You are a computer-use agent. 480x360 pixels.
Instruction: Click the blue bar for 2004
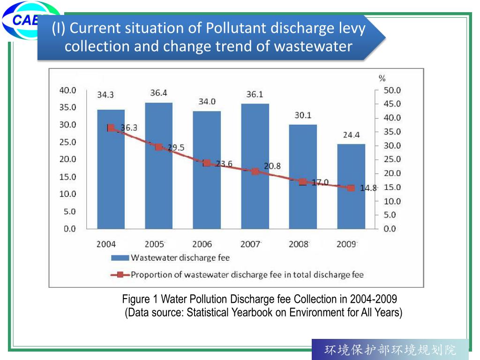coord(111,178)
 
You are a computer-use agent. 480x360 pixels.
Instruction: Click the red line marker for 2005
coord(159,147)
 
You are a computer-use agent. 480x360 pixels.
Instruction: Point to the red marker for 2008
coord(303,182)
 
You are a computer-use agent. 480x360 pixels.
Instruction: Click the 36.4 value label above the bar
coord(158,93)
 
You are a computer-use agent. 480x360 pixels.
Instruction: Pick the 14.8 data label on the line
coord(368,188)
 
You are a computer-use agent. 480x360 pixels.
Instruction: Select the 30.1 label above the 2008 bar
coord(303,115)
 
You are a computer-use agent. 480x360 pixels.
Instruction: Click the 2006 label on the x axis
coord(202,244)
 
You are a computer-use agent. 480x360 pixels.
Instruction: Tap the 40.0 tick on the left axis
coord(67,90)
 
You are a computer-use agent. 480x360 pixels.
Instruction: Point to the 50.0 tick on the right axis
coord(392,90)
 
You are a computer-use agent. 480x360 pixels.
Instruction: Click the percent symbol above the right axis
coord(382,78)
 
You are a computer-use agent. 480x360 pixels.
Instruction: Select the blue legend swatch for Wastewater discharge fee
coord(120,258)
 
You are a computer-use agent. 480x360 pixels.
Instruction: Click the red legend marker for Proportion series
coord(120,275)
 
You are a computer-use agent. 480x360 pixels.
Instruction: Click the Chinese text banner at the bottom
coord(390,350)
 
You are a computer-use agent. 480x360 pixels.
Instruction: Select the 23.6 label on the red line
coord(224,164)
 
